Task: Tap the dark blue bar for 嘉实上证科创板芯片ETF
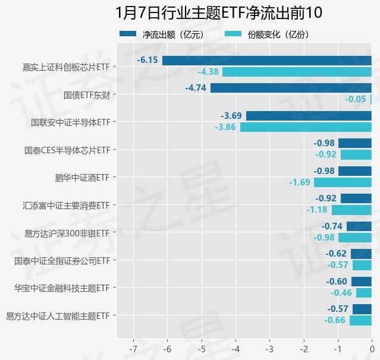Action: (266, 61)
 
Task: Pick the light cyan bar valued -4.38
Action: (297, 72)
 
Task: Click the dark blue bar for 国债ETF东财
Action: (291, 88)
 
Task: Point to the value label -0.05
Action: (356, 99)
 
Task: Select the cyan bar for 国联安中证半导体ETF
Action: (306, 127)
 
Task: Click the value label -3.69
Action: (231, 116)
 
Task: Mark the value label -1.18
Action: (316, 210)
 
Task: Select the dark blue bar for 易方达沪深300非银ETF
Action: (359, 226)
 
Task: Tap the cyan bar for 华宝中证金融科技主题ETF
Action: (363, 293)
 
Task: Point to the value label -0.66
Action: (335, 320)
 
